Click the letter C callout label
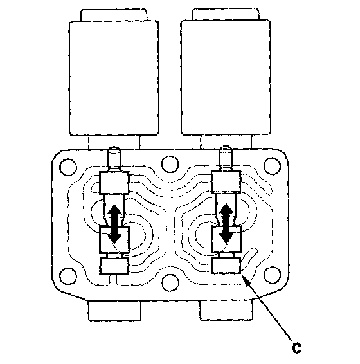click(x=296, y=347)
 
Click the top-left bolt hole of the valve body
click(x=68, y=167)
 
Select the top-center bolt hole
click(x=170, y=164)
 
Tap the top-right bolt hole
click(x=273, y=166)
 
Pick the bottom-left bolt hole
click(x=68, y=276)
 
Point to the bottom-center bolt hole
click(x=170, y=283)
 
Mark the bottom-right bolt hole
click(x=273, y=275)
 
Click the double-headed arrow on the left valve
click(x=114, y=224)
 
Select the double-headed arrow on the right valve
click(x=226, y=223)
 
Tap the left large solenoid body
click(x=114, y=78)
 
